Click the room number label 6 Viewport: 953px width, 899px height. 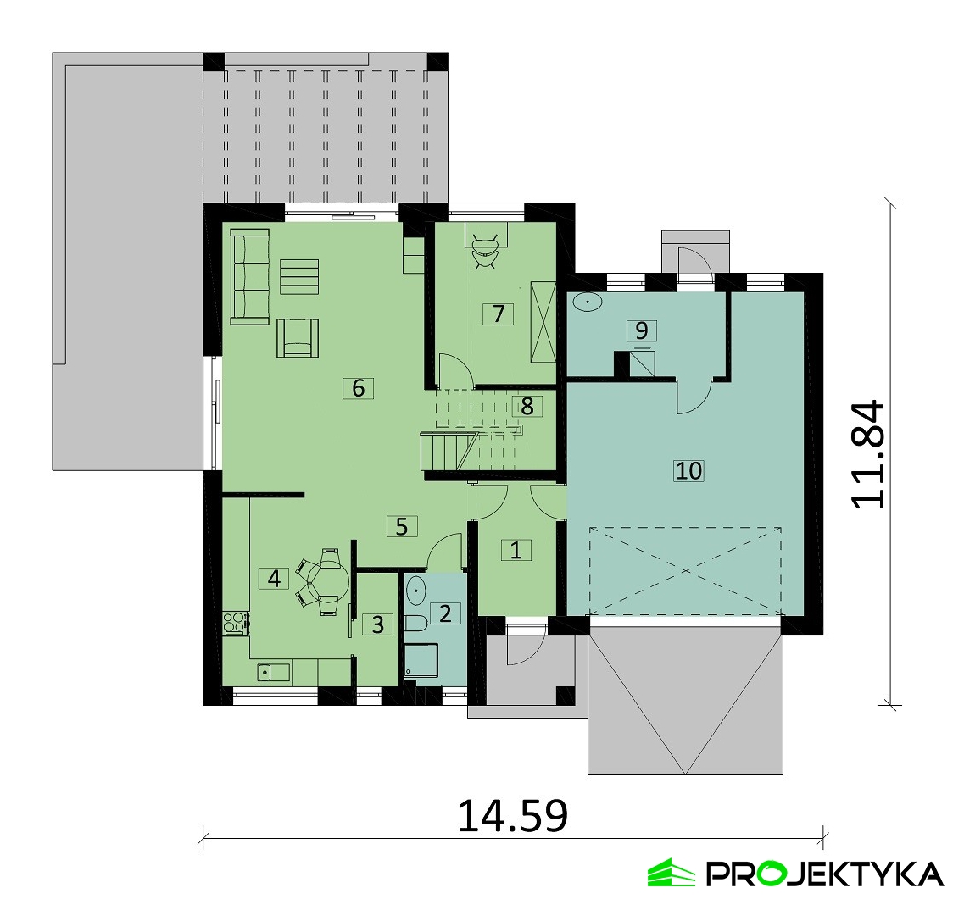358,387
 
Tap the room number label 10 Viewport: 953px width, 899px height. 688,471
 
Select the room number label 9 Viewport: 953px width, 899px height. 641,330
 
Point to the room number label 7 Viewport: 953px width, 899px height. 498,314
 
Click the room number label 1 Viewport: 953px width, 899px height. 516,551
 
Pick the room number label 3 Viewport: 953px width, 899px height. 377,624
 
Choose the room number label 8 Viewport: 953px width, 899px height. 527,407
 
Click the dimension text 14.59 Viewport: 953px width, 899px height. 512,816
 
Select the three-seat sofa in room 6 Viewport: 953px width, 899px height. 250,277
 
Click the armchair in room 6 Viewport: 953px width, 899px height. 298,338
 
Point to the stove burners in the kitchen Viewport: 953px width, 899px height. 236,624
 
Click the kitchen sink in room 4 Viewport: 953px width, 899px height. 273,673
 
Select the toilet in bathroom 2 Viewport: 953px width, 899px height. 415,623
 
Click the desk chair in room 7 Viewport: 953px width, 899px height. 486,250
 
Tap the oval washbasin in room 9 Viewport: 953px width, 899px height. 587,302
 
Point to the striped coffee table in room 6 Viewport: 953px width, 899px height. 299,277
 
